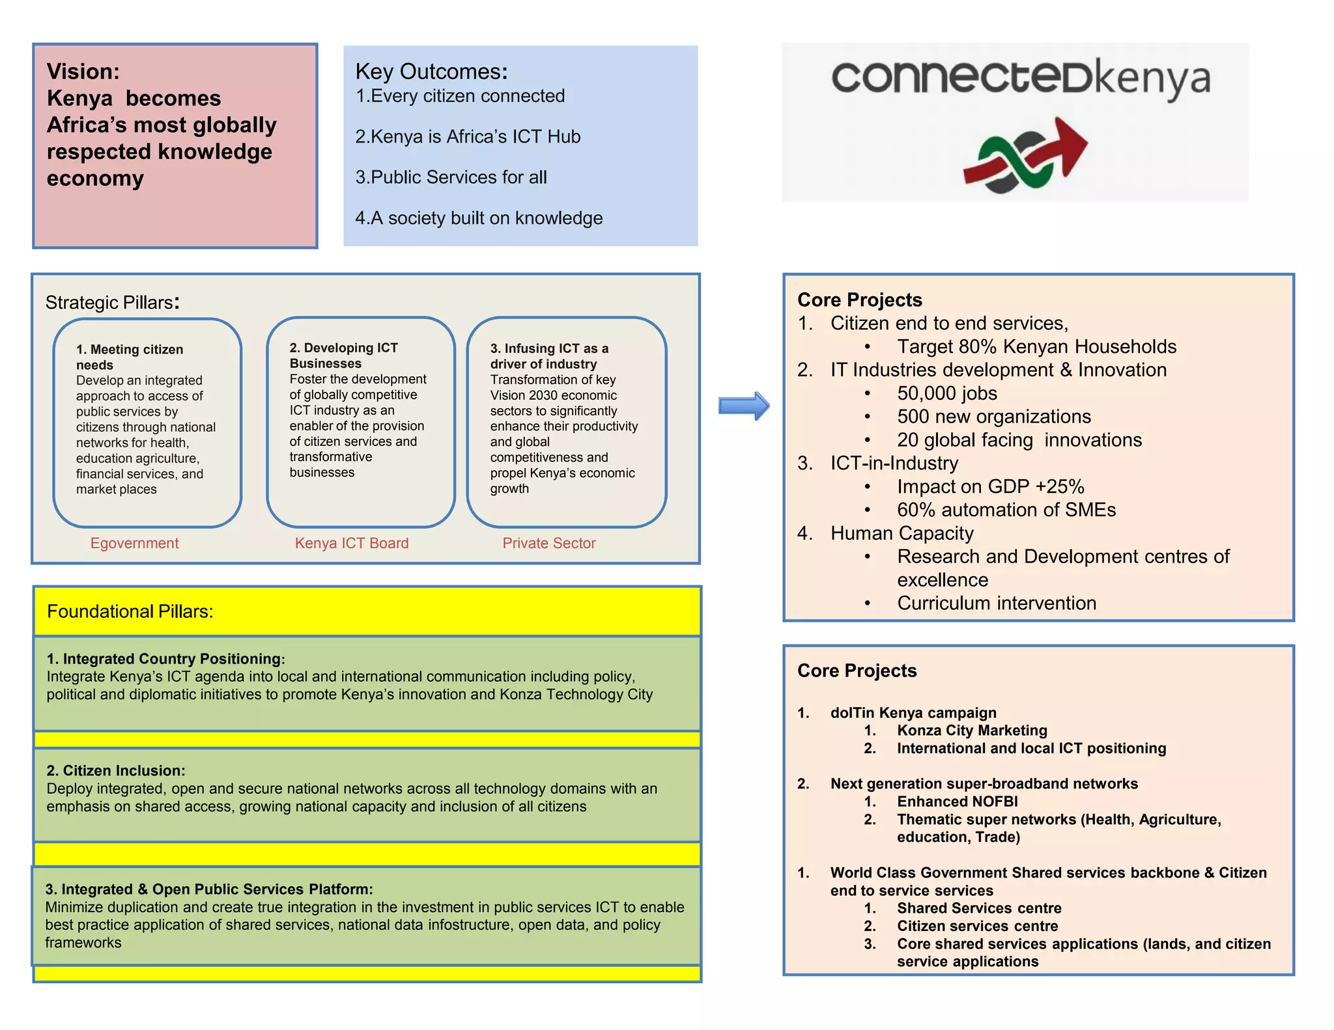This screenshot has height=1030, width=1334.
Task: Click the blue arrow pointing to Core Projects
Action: tap(744, 406)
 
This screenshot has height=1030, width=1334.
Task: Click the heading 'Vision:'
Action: tap(83, 71)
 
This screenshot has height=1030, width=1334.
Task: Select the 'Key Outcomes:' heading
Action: tap(431, 71)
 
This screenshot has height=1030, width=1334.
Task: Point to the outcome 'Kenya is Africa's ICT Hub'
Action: tap(468, 137)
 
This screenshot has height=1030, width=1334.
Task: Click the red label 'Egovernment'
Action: tap(134, 543)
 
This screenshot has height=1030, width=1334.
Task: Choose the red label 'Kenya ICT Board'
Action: tap(352, 543)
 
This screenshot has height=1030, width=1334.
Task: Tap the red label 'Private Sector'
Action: tap(549, 543)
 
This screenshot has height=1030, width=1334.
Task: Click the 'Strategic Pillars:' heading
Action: tap(112, 302)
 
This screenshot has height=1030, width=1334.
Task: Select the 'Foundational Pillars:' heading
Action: tap(130, 611)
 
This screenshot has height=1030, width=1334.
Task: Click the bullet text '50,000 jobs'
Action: tap(947, 393)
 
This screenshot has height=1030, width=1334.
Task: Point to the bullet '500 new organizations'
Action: tap(994, 417)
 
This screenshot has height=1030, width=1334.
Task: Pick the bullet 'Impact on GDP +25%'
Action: tap(991, 486)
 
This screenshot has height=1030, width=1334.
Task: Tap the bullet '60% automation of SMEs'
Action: tap(1006, 510)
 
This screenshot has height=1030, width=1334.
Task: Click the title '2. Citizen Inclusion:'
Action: tap(116, 771)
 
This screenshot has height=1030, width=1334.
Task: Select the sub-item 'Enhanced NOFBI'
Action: tap(958, 801)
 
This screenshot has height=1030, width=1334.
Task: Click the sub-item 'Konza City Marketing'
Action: tap(972, 731)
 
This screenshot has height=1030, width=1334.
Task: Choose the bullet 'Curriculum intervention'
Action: tap(997, 603)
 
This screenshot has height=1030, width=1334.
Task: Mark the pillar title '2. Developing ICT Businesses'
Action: tap(344, 355)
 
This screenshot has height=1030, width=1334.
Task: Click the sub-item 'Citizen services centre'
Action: tap(977, 926)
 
